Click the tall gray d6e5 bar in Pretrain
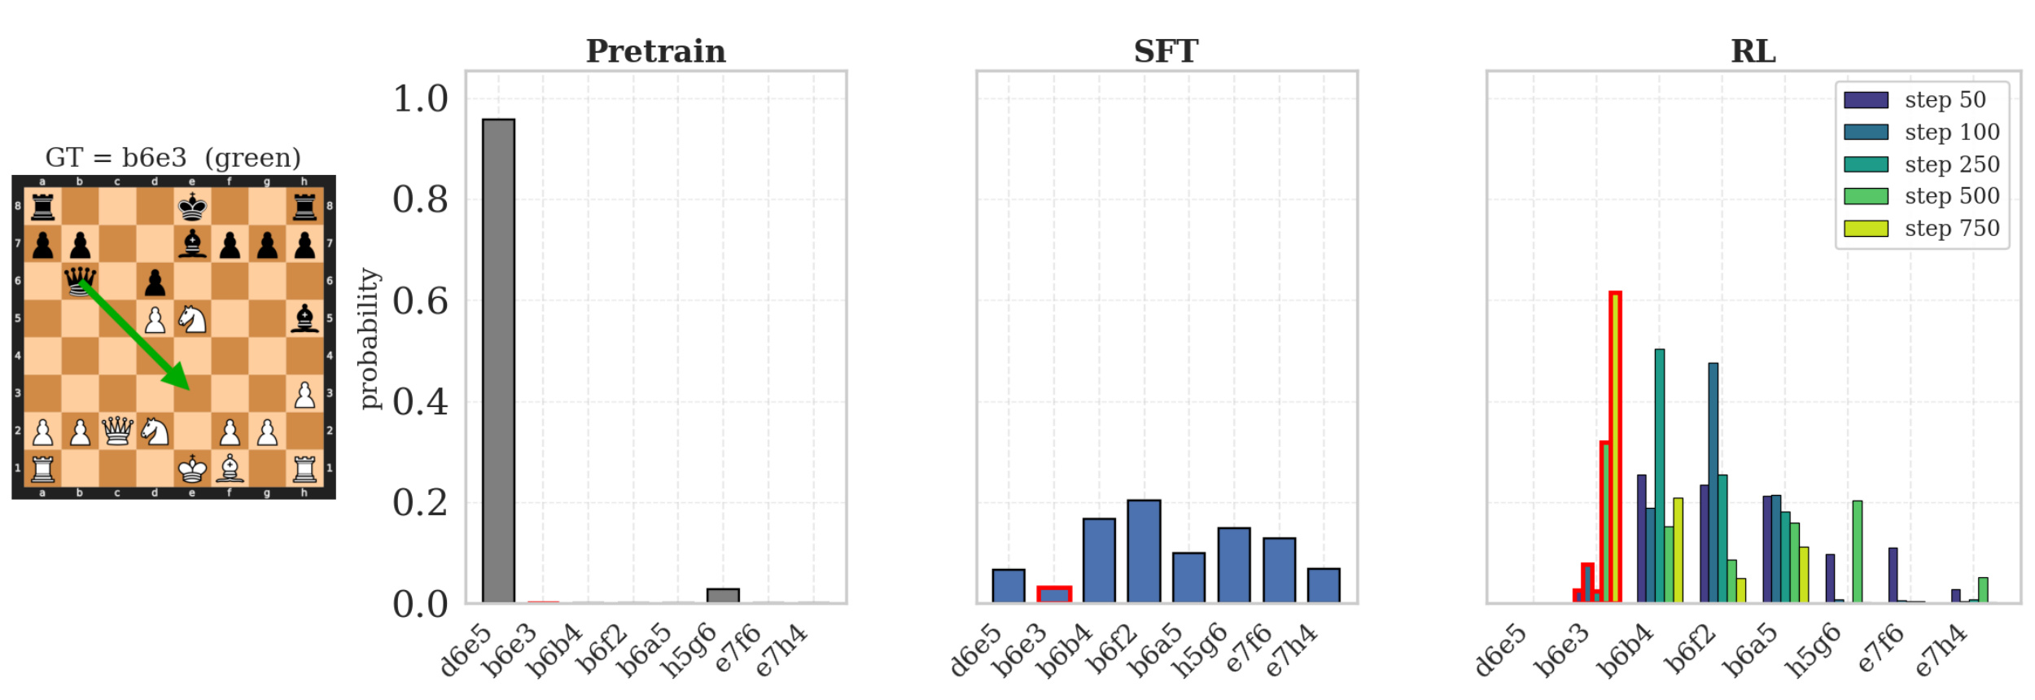pyautogui.click(x=498, y=361)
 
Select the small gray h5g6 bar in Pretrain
pyautogui.click(x=723, y=596)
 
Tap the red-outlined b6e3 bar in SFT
pyautogui.click(x=1054, y=595)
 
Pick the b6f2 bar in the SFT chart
pyautogui.click(x=1144, y=552)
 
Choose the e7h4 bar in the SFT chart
pyautogui.click(x=1324, y=586)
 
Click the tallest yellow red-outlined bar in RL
pyautogui.click(x=1615, y=448)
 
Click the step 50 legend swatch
pyautogui.click(x=1866, y=100)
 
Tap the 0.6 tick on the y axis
pyautogui.click(x=420, y=301)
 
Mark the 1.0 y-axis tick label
pyautogui.click(x=420, y=98)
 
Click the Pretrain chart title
pyautogui.click(x=656, y=51)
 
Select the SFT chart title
pyautogui.click(x=1166, y=51)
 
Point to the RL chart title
pyautogui.click(x=1753, y=51)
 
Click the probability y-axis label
pyautogui.click(x=370, y=339)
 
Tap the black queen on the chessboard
pyautogui.click(x=80, y=282)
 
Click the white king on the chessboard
pyautogui.click(x=192, y=468)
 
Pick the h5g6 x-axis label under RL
pyautogui.click(x=1814, y=650)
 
